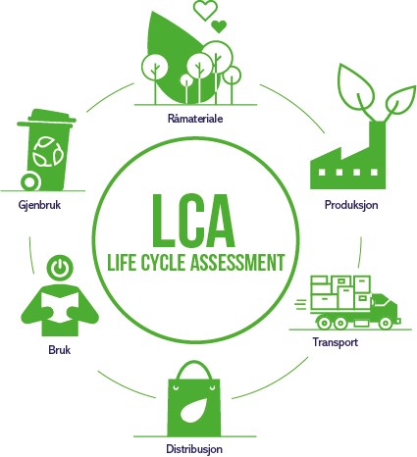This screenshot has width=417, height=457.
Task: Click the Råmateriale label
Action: (x=195, y=119)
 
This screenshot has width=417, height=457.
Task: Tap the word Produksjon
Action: (x=351, y=205)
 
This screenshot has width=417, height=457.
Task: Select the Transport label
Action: (x=336, y=342)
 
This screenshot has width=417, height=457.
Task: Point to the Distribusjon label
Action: (x=194, y=448)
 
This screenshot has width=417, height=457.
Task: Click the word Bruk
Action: (x=59, y=350)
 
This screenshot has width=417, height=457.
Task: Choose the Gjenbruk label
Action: (x=39, y=205)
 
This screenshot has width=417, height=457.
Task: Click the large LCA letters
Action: (x=193, y=222)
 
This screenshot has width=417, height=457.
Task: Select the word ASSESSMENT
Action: (x=237, y=262)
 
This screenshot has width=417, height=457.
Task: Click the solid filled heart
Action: (x=219, y=26)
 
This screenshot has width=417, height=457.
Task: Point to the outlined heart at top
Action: (x=205, y=10)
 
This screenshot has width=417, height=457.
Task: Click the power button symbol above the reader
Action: (x=60, y=267)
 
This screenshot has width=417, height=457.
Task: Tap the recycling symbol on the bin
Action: (x=48, y=152)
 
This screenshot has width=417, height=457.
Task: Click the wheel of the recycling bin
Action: (x=30, y=182)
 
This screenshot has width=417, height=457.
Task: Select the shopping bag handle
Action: (x=192, y=370)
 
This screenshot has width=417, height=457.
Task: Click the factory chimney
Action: (x=378, y=140)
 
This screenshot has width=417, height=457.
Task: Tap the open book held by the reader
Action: (x=60, y=306)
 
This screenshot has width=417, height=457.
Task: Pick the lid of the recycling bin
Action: (x=47, y=119)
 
